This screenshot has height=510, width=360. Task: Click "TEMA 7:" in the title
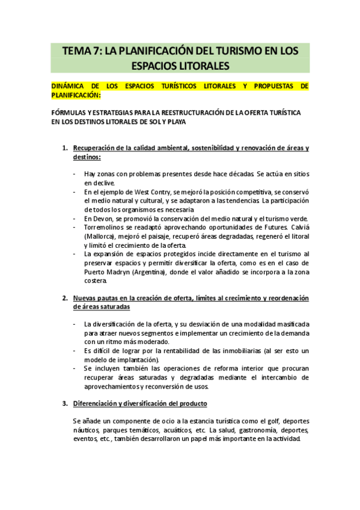coord(82,52)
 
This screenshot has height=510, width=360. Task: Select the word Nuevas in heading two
coord(86,298)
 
